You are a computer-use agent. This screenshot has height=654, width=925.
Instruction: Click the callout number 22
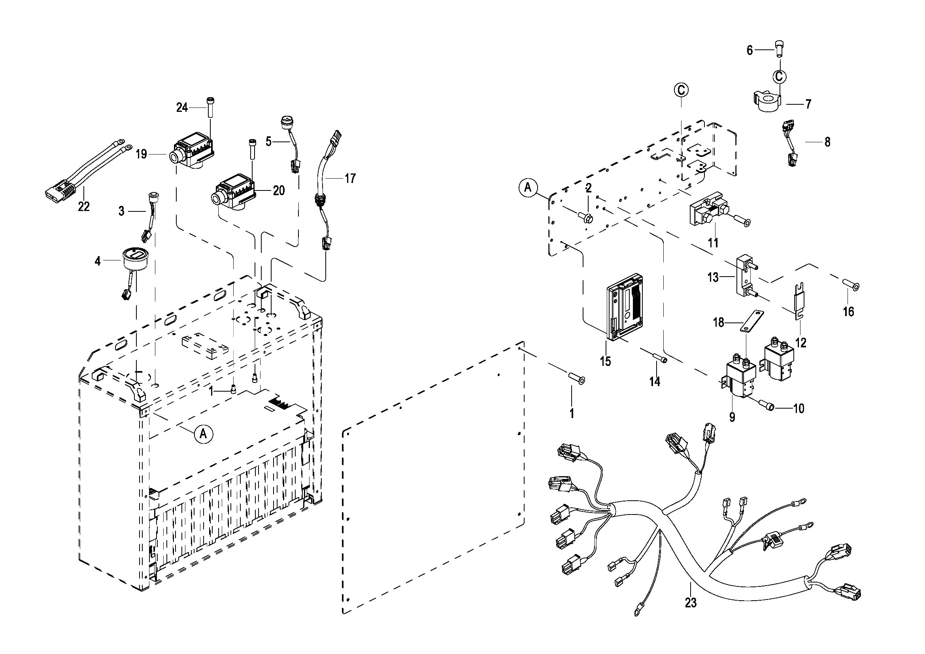[83, 207]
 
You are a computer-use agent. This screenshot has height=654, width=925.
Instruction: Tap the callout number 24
[182, 107]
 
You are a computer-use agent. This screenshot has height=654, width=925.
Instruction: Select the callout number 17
[350, 178]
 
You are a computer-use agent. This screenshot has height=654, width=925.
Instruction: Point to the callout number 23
[691, 603]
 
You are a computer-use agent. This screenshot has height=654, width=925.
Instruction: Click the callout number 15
[606, 361]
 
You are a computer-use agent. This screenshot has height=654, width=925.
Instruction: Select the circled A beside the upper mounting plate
[528, 187]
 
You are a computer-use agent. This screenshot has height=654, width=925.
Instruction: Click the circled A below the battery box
[204, 434]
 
